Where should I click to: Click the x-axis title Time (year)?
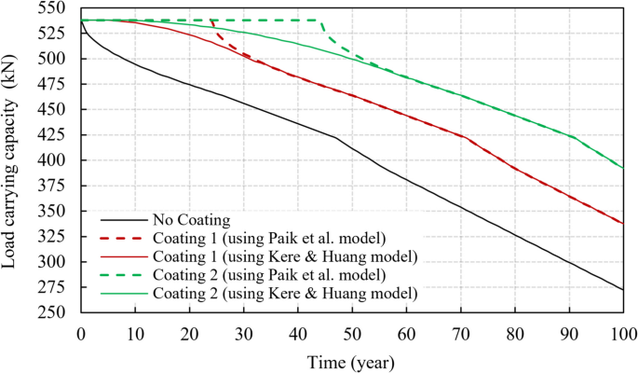[x=352, y=361]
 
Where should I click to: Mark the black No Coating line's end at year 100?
[x=622, y=289]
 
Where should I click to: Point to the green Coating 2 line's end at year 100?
[x=622, y=169]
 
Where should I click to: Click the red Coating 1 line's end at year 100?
[x=622, y=223]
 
